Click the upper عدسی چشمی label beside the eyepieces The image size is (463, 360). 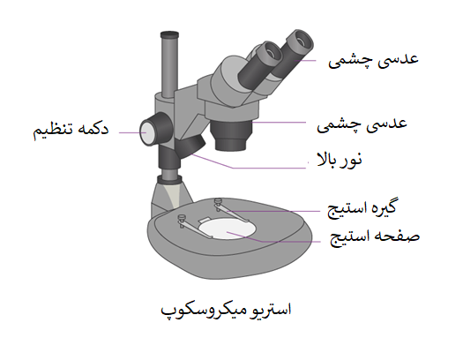pyautogui.click(x=373, y=61)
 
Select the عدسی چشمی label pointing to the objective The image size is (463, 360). pyautogui.click(x=362, y=124)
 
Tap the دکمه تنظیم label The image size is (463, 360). pyautogui.click(x=71, y=130)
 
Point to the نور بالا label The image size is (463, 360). pyautogui.click(x=340, y=160)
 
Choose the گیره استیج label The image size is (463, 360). pyautogui.click(x=362, y=208)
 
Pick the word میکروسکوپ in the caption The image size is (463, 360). pyautogui.click(x=200, y=311)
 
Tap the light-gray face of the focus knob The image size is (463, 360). pyautogui.click(x=147, y=132)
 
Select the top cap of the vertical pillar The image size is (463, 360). pyautogui.click(x=169, y=34)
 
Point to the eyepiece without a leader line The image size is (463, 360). pyautogui.click(x=260, y=65)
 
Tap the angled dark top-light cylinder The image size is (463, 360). pyautogui.click(x=190, y=145)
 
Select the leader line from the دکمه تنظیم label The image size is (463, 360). pyautogui.click(x=132, y=132)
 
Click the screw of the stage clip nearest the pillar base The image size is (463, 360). pyautogui.click(x=182, y=218)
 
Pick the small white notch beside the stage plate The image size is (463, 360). pyautogui.click(x=204, y=220)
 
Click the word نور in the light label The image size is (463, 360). pyautogui.click(x=353, y=160)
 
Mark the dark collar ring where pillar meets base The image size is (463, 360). pyautogui.click(x=169, y=179)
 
